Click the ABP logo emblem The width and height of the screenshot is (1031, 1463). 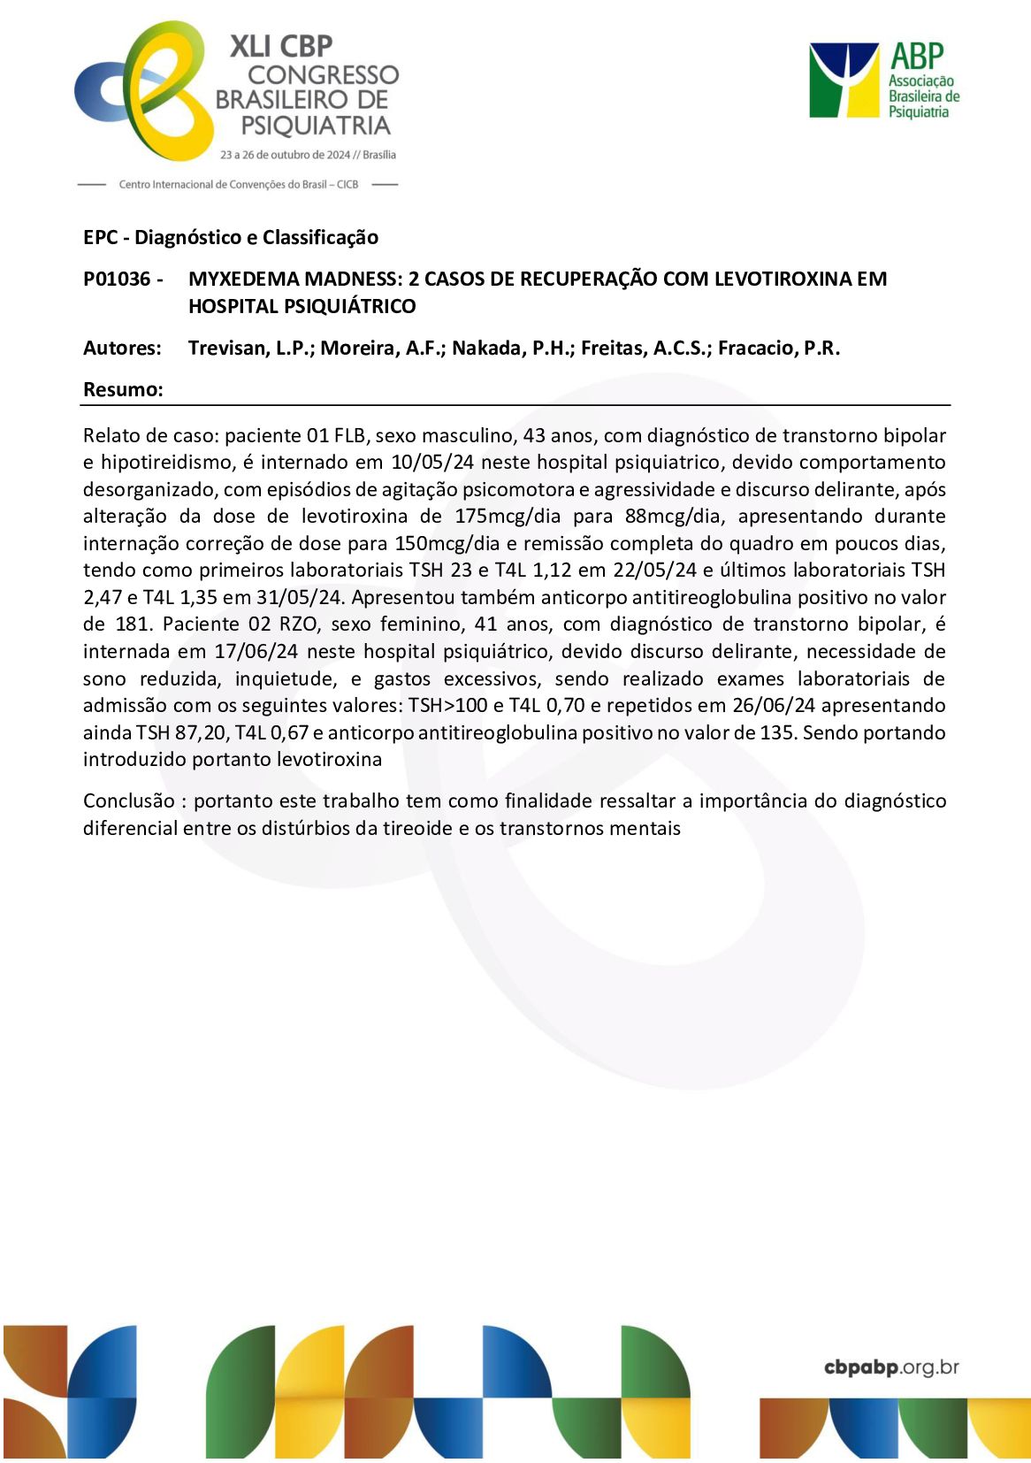click(843, 80)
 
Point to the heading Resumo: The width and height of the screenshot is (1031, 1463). click(123, 390)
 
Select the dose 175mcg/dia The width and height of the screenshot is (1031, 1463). click(508, 517)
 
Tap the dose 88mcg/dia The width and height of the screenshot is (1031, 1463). click(672, 517)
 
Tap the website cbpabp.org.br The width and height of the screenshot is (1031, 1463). click(891, 1367)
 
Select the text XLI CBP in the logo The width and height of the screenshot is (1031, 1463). click(281, 46)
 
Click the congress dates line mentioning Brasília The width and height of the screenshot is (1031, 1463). click(308, 155)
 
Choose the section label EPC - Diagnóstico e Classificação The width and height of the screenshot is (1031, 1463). click(231, 238)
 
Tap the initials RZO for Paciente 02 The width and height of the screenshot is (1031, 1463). click(298, 624)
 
